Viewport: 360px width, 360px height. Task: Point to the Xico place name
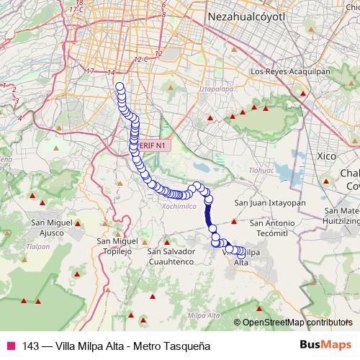327,156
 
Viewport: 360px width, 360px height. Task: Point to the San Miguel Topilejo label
117,246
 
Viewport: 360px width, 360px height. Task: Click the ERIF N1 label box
154,145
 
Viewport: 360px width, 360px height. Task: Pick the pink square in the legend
10,346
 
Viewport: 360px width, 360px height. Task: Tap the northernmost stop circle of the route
120,87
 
